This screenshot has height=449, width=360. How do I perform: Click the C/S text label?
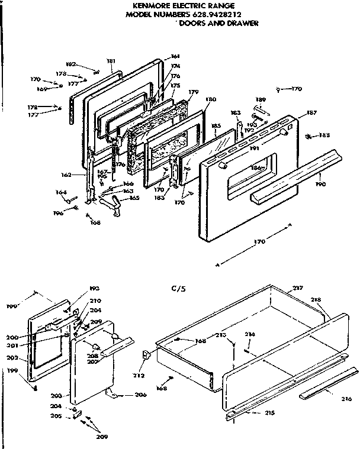pos(178,289)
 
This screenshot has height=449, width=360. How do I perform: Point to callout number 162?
pos(66,176)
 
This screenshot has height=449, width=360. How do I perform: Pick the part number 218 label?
pos(317,300)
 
